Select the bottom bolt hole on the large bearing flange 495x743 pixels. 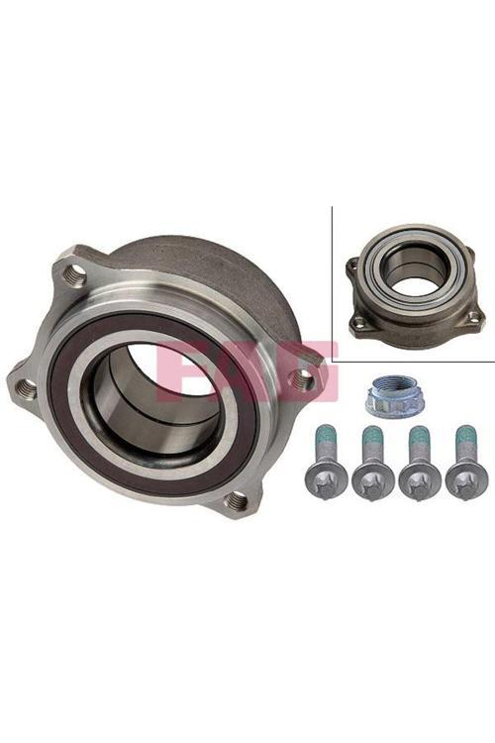pyautogui.click(x=236, y=500)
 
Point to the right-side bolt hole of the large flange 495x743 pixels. pyautogui.click(x=306, y=375)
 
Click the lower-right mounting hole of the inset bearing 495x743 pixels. pyautogui.click(x=473, y=316)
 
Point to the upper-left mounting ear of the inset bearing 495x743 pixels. pyautogui.click(x=352, y=265)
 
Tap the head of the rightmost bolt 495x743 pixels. pyautogui.click(x=465, y=479)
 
